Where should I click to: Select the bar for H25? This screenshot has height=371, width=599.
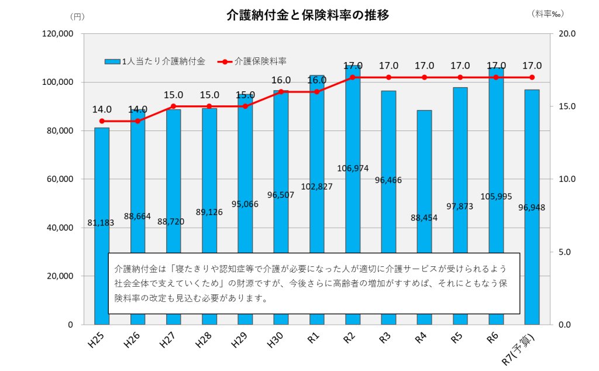(102, 176)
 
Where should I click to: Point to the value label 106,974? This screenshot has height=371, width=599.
(353, 169)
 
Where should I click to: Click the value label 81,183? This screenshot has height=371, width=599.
(102, 223)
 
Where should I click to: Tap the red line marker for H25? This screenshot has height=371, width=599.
(102, 121)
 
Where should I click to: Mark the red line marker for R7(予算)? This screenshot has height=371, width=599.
(532, 77)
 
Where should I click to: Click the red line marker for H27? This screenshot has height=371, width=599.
(174, 107)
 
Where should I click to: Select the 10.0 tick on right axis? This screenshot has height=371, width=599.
(567, 179)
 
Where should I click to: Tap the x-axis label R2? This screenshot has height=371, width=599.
(349, 339)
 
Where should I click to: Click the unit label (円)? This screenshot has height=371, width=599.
(77, 16)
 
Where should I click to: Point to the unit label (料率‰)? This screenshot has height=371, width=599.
(549, 13)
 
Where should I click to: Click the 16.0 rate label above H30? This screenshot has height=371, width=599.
(281, 80)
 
